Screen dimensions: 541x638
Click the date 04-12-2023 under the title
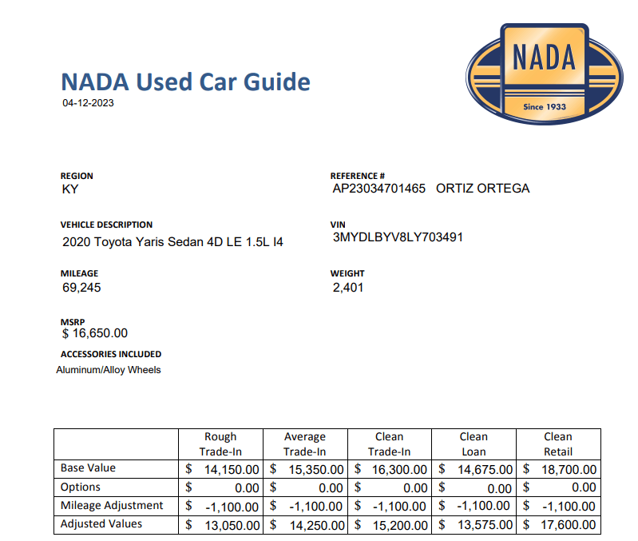pyautogui.click(x=88, y=102)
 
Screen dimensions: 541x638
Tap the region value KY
pyautogui.click(x=70, y=189)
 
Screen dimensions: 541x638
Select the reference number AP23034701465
pyautogui.click(x=379, y=189)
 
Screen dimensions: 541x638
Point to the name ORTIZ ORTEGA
pyautogui.click(x=482, y=189)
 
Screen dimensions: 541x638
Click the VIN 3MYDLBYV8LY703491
pyautogui.click(x=398, y=237)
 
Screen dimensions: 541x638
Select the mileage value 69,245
pyautogui.click(x=81, y=287)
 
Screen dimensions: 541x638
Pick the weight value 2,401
pyautogui.click(x=347, y=287)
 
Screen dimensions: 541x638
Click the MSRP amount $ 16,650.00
pyautogui.click(x=94, y=333)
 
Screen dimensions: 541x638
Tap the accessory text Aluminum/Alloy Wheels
pyautogui.click(x=109, y=370)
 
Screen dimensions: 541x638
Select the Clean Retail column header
pyautogui.click(x=557, y=444)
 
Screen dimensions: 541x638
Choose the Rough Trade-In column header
pyautogui.click(x=220, y=444)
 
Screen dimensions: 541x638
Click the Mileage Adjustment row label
pyautogui.click(x=112, y=506)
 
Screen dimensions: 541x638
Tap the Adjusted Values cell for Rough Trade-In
pyautogui.click(x=227, y=525)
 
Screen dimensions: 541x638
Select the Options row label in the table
pyautogui.click(x=81, y=487)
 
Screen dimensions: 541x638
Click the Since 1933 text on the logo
pyautogui.click(x=544, y=106)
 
